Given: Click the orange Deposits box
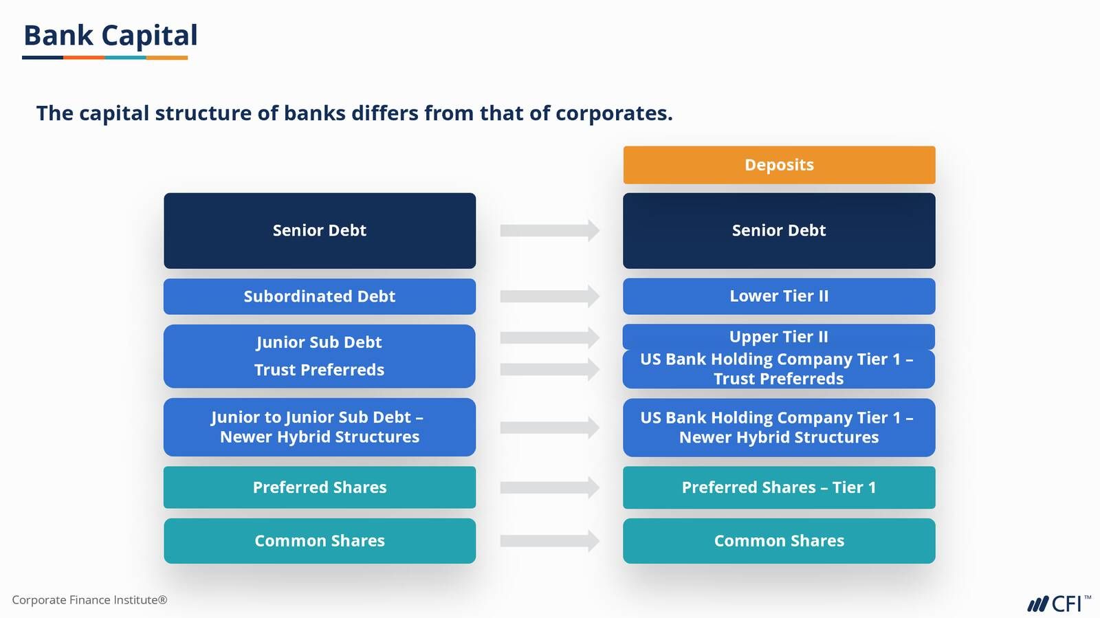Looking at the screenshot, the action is (x=779, y=165).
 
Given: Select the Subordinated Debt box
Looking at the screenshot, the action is (x=320, y=296).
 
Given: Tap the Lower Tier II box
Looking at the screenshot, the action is (x=779, y=296).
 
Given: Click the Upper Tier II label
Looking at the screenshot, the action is (x=779, y=337).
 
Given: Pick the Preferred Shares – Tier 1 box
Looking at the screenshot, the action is (x=779, y=487).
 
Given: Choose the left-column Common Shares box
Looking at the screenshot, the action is (x=320, y=541).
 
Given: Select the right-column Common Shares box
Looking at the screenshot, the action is (x=779, y=541).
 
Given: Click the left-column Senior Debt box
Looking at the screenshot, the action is (x=320, y=231).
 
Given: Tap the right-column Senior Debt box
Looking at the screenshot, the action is (x=779, y=231).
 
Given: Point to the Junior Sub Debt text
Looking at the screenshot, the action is (x=319, y=342).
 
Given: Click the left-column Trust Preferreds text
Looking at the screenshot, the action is (x=319, y=370).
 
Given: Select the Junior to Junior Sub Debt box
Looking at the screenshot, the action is (x=320, y=427).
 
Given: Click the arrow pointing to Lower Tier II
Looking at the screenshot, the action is (x=550, y=296).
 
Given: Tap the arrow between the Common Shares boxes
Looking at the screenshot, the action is (x=550, y=541).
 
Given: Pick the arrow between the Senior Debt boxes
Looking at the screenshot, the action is (x=550, y=230).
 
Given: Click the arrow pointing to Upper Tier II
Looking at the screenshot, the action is (x=550, y=338).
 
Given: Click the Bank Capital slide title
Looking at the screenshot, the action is (x=111, y=35).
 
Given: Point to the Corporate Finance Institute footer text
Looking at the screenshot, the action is (x=89, y=600).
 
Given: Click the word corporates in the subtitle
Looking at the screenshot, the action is (x=614, y=113).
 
